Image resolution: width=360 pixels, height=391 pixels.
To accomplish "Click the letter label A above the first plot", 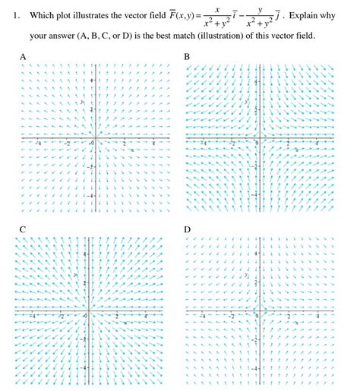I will [23, 57].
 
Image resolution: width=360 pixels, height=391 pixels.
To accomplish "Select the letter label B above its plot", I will [187, 57].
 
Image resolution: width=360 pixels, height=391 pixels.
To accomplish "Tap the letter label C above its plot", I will [23, 228].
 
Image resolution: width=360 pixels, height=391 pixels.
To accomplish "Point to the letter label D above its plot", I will [187, 228].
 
